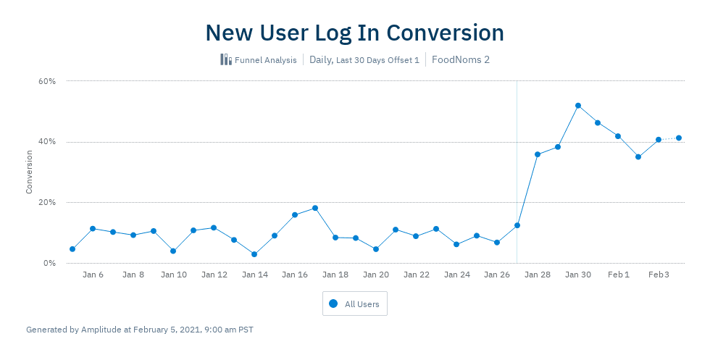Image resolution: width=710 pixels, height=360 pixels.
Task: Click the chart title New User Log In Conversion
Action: [x=354, y=33]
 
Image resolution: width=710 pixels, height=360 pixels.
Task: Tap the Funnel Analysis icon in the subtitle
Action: [x=226, y=59]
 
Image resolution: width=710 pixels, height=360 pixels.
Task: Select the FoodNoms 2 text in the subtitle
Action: [x=460, y=59]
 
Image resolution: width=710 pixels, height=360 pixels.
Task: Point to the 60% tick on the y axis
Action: [x=47, y=81]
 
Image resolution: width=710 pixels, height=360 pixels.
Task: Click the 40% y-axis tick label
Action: [x=47, y=142]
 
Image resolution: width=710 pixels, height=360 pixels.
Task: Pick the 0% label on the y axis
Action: [x=49, y=263]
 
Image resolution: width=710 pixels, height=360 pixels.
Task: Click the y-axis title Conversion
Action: [x=30, y=172]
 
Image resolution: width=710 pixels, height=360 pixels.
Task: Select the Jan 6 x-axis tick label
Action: [x=93, y=275]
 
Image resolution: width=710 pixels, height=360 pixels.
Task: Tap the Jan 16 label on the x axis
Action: [x=295, y=275]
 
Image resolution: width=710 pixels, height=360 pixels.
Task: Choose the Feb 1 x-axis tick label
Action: [x=618, y=275]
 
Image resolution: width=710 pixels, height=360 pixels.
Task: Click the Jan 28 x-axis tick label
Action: [x=538, y=275]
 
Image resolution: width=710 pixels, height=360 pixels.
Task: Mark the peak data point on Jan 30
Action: [x=578, y=106]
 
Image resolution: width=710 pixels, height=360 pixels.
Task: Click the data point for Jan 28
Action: [x=538, y=154]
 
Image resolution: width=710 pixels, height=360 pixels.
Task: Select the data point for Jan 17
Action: [x=315, y=208]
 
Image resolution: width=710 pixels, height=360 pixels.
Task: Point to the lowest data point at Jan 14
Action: [x=254, y=254]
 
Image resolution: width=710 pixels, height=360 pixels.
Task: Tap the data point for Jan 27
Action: [x=517, y=225]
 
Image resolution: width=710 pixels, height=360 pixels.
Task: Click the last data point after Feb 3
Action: [x=679, y=138]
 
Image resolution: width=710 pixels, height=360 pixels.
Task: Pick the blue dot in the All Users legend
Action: [x=333, y=304]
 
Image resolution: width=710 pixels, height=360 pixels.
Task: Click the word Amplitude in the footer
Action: [x=101, y=330]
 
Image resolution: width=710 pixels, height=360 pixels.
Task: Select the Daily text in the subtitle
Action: [x=320, y=59]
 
